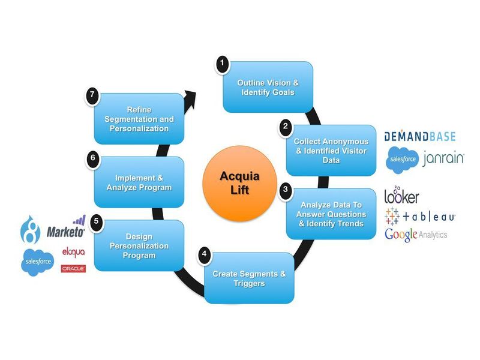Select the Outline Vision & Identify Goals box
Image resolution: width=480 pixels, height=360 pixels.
[x=268, y=87]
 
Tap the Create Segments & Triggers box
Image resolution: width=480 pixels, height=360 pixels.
[x=249, y=278]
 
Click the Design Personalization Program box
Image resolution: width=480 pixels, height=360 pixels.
[x=139, y=246]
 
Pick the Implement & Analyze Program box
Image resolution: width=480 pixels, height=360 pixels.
[x=139, y=182]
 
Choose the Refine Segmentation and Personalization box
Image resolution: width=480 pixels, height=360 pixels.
[x=139, y=119]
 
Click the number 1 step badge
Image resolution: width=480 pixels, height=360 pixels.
[x=223, y=62]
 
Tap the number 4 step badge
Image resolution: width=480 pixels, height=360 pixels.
[x=205, y=254]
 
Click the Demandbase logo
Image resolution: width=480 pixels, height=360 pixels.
[x=420, y=136]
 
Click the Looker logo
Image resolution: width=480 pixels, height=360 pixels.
[x=401, y=196]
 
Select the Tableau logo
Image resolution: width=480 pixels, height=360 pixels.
[x=420, y=216]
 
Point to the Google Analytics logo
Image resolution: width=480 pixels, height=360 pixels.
[x=416, y=235]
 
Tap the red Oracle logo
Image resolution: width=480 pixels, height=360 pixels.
[x=73, y=269]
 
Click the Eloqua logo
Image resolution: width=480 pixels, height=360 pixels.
[x=73, y=251]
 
